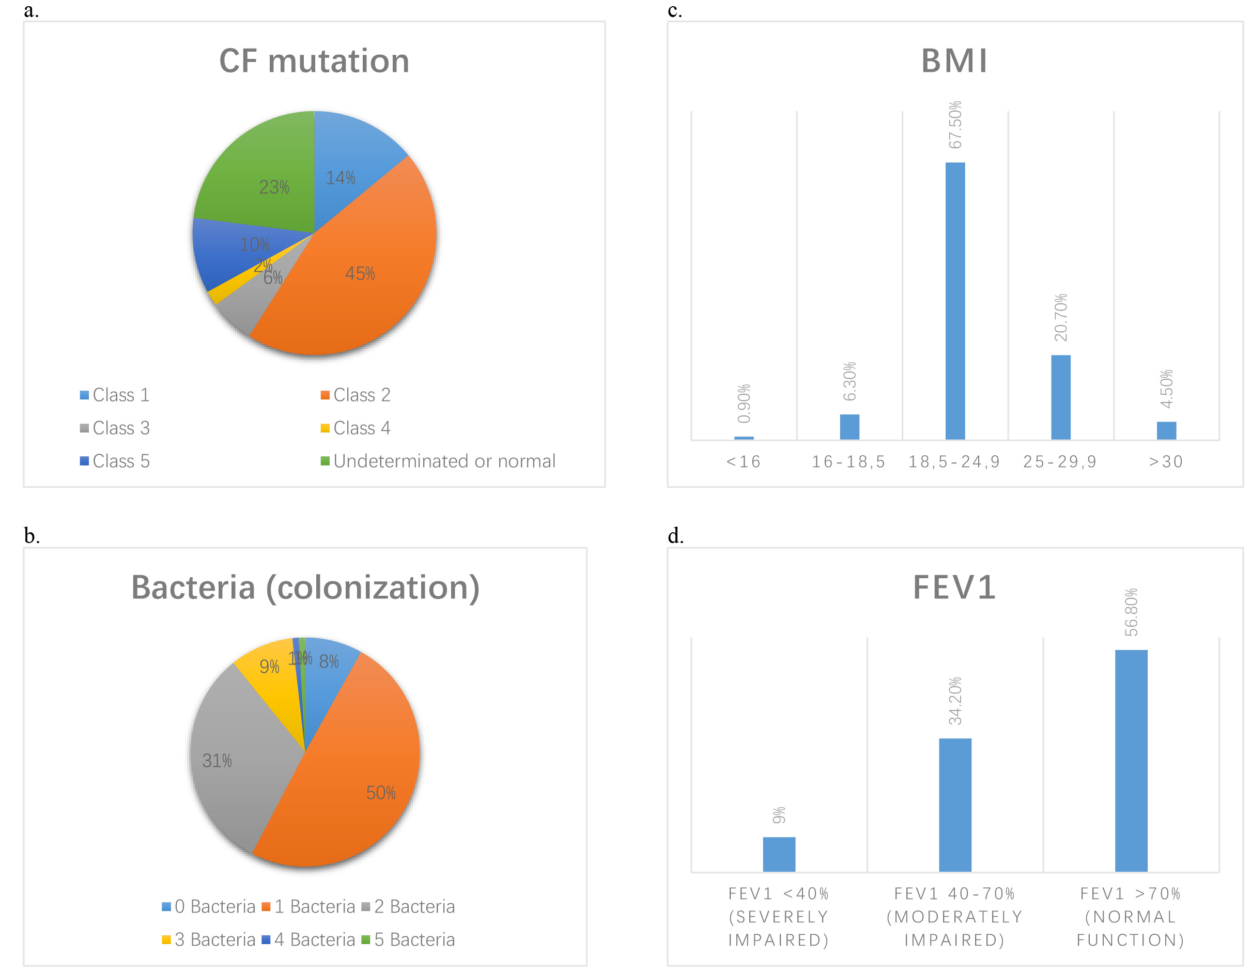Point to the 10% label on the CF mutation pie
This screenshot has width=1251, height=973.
pos(254,244)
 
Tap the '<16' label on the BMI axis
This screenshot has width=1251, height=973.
pos(744,461)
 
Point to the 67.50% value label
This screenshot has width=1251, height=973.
pos(955,125)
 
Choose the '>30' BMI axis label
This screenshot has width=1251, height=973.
pos(1166,461)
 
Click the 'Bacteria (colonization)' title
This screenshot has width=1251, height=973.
pos(305,588)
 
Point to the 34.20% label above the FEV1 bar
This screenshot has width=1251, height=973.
pos(955,701)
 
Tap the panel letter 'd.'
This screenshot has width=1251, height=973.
pos(676,535)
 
